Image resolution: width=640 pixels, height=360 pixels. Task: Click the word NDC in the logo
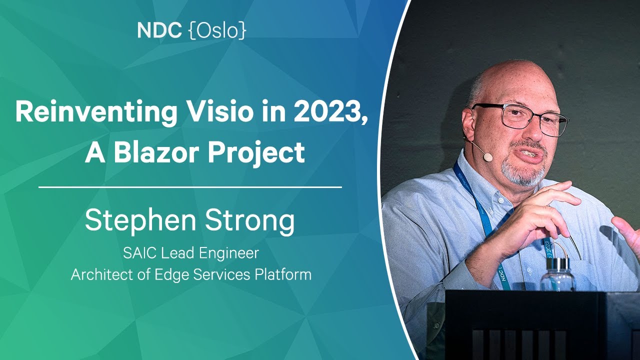tap(159, 31)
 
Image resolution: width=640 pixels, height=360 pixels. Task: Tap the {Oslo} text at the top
tap(217, 31)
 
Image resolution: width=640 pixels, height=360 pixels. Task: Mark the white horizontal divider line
tap(190, 187)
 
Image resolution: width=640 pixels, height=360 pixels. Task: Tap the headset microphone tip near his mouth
tap(487, 157)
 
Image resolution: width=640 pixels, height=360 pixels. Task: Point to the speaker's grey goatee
tap(525, 172)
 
